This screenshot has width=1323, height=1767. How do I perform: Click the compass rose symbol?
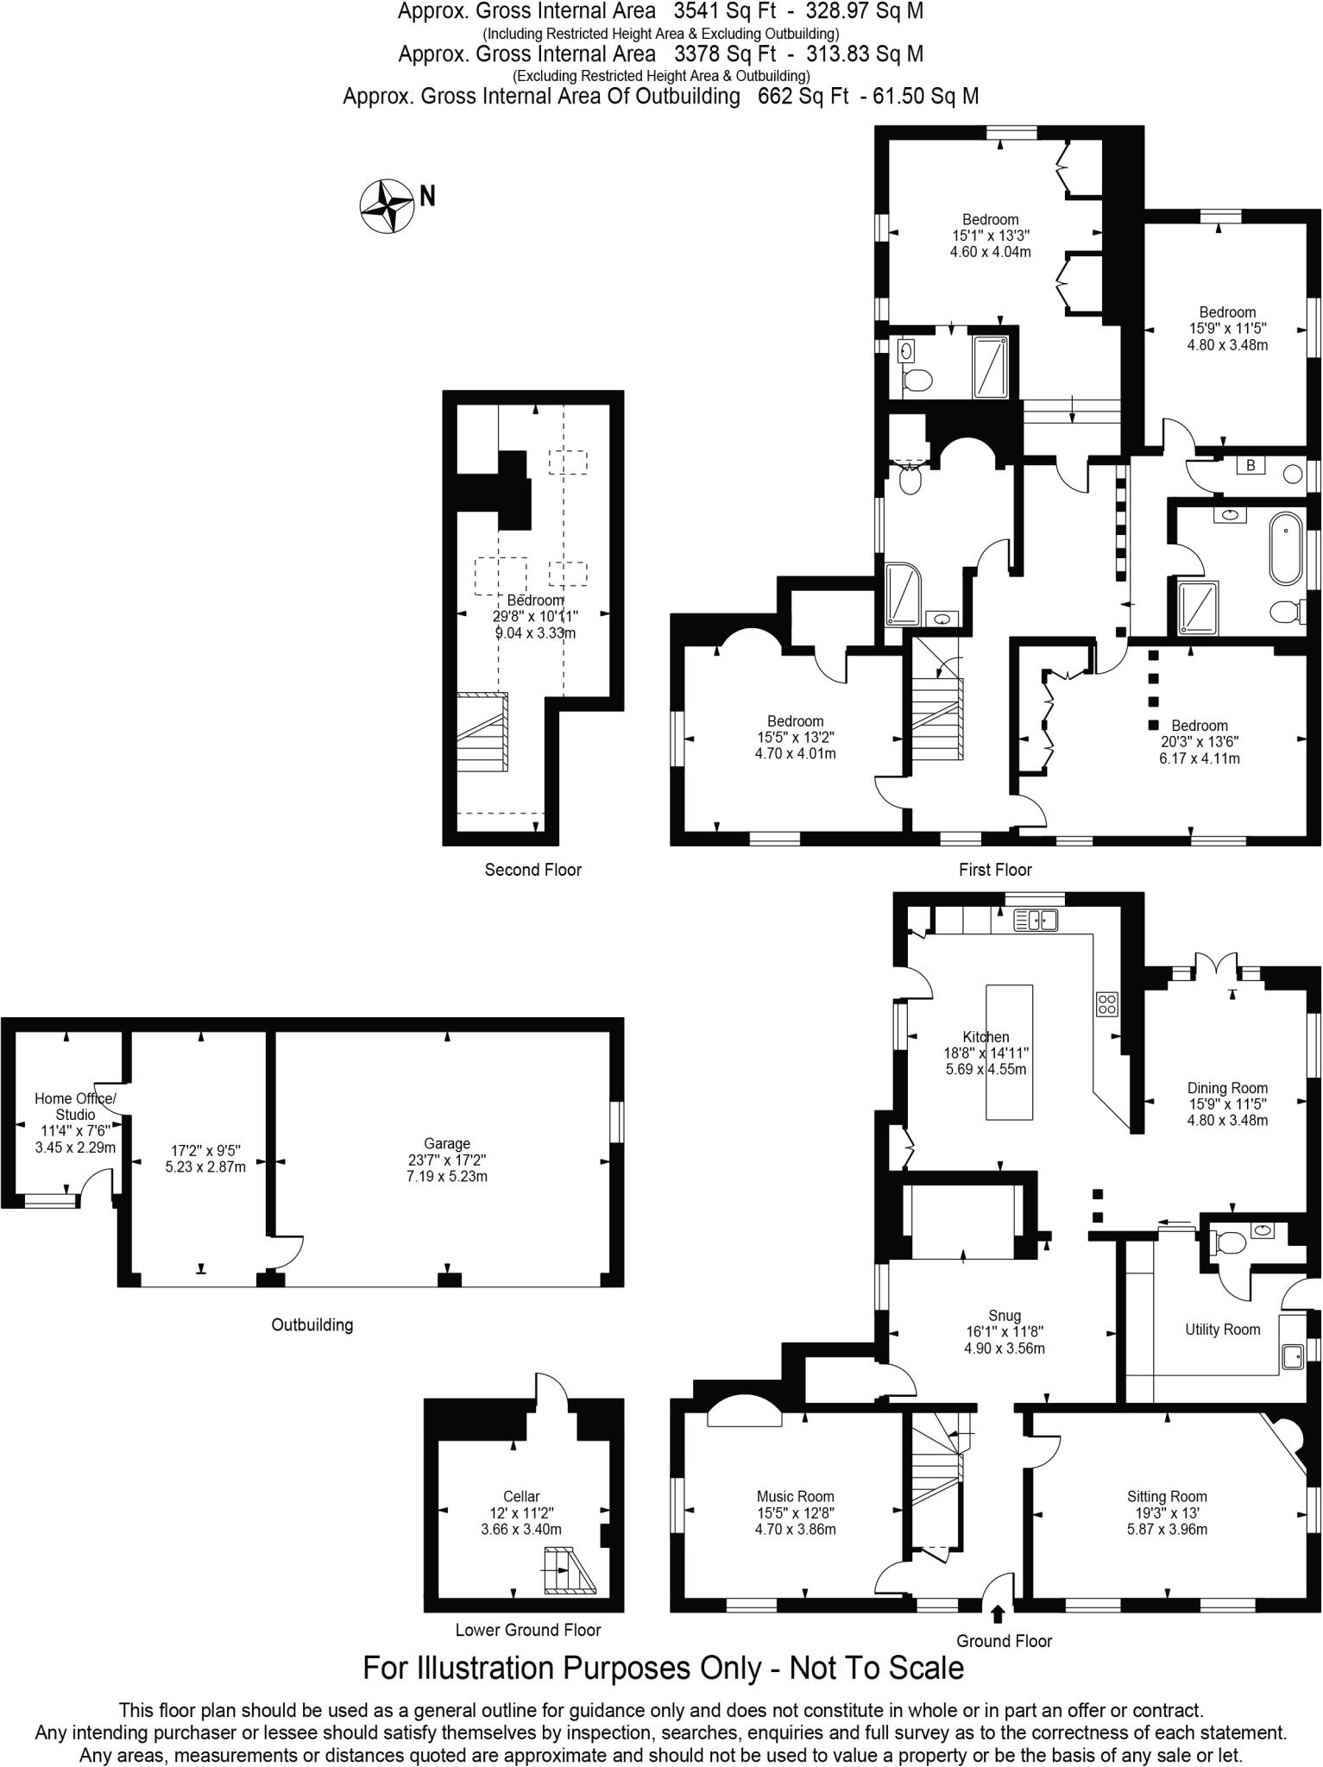(x=386, y=205)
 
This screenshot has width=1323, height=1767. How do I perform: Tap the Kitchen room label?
(x=986, y=1037)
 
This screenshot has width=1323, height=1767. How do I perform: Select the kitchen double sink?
(x=1035, y=921)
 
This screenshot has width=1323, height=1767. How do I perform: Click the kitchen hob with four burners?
(x=1107, y=1003)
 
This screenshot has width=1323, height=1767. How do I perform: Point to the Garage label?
(x=446, y=1143)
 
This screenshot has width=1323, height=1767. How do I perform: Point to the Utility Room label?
(x=1222, y=1330)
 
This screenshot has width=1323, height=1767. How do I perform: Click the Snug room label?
(x=1005, y=1316)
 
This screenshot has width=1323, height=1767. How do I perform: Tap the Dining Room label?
(x=1227, y=1088)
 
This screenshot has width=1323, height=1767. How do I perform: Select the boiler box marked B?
(x=1250, y=466)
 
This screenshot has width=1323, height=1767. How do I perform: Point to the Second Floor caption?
(x=532, y=870)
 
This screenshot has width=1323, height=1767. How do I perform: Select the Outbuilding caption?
(x=312, y=1324)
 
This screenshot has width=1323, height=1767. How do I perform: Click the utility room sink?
(x=1292, y=1356)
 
